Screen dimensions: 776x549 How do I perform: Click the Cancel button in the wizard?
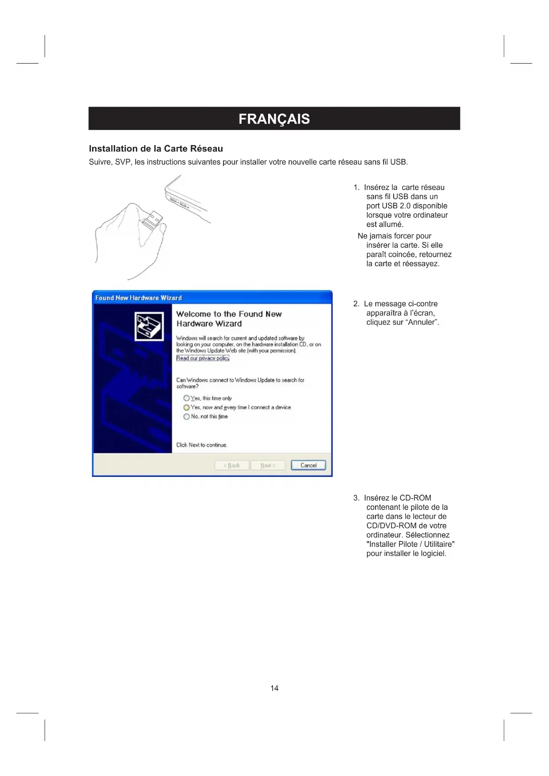[308, 465]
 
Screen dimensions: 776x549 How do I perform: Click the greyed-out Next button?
[268, 465]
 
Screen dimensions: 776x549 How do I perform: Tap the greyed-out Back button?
[232, 465]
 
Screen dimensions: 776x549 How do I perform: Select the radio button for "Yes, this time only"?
[186, 398]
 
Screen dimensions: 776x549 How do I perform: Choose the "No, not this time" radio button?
[186, 417]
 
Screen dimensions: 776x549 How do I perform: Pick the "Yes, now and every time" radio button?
[186, 407]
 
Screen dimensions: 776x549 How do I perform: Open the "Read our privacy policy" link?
[203, 358]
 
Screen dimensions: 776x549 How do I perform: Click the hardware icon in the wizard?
[149, 326]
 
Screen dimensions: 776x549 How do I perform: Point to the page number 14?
[274, 688]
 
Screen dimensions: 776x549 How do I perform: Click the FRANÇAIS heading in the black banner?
[274, 119]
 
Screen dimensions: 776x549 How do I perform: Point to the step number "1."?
[357, 188]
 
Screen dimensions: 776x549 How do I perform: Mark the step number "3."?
[357, 498]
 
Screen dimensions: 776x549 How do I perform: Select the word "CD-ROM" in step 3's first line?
[415, 498]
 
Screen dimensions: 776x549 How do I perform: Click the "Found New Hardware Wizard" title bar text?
[138, 298]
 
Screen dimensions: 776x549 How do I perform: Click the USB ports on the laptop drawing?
[180, 203]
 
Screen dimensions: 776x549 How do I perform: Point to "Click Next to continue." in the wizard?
[202, 445]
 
